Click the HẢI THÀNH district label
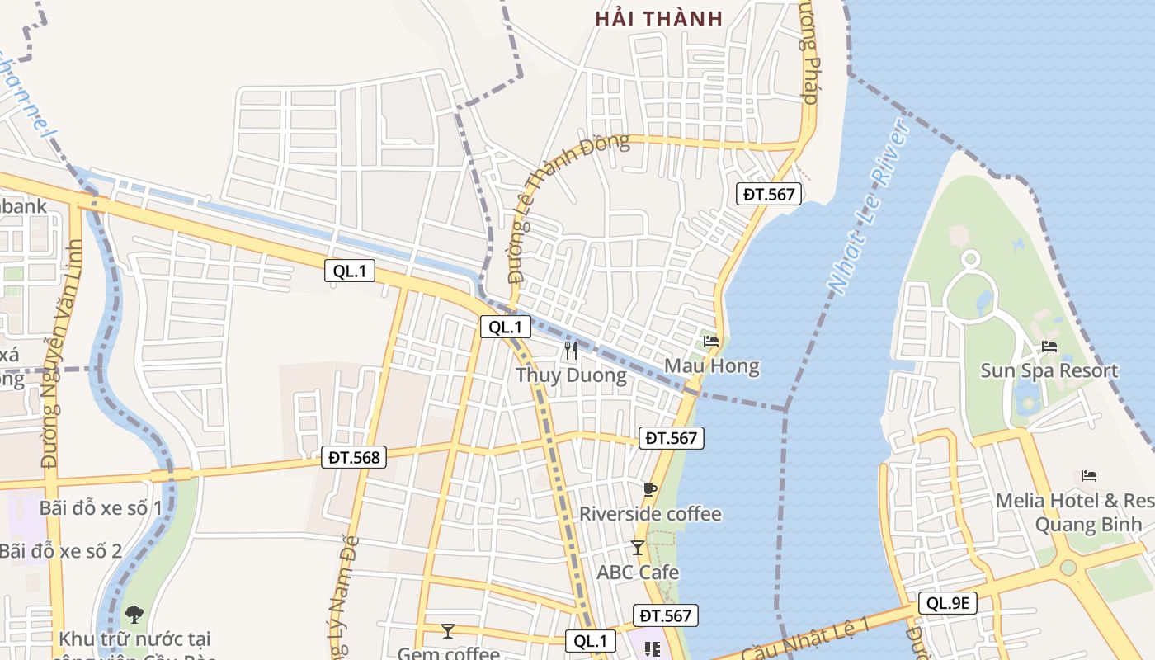(658, 18)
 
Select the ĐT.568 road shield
(354, 456)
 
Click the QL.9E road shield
(949, 603)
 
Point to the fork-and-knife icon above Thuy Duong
(570, 350)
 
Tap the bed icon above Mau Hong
(711, 341)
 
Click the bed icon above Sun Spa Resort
(1049, 346)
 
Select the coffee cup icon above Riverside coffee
(650, 489)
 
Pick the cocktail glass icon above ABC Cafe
(638, 547)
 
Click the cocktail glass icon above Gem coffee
(448, 631)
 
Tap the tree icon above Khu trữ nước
(134, 614)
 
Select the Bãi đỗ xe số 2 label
(61, 550)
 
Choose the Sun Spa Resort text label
(1049, 370)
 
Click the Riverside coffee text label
(650, 514)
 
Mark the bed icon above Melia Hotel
(1089, 476)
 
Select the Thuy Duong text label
(571, 375)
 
